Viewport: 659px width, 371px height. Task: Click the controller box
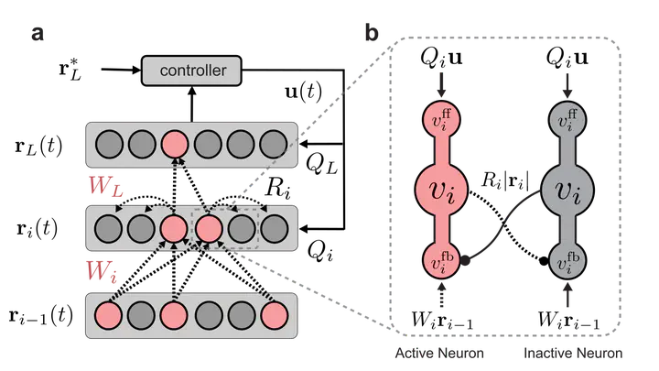[191, 71]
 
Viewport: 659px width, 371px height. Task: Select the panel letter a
[38, 33]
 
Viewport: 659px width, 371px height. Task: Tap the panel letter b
[372, 32]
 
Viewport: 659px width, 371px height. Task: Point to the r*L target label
[70, 69]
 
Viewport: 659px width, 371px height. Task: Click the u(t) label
[304, 91]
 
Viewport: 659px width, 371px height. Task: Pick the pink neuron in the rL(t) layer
[175, 144]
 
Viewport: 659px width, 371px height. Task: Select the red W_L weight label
[105, 185]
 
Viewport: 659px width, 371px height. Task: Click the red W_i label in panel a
[102, 270]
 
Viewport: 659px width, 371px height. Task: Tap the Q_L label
[321, 164]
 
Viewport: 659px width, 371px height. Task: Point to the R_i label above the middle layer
[277, 188]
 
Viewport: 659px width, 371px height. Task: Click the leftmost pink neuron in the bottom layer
[108, 315]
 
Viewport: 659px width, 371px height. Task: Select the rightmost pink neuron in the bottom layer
[275, 315]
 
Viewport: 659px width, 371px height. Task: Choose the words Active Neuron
[439, 353]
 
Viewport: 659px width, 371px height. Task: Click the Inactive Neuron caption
[573, 353]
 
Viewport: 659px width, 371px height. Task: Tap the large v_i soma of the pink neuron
[441, 191]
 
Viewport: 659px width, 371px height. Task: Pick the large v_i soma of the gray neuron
[567, 191]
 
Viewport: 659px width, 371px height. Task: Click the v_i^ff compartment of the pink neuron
[441, 119]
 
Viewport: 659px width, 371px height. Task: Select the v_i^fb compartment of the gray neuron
[567, 261]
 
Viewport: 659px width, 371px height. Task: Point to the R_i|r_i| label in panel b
[505, 180]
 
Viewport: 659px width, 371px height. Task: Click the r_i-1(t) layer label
[41, 316]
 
